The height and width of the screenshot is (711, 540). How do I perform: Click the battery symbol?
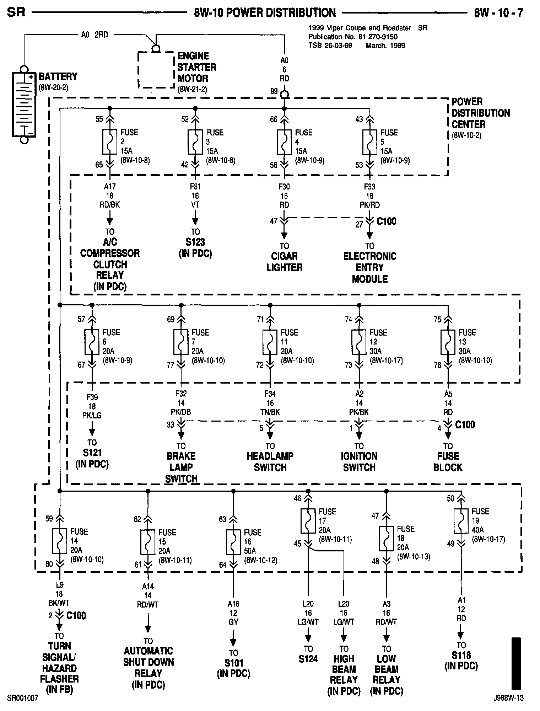coord(24,105)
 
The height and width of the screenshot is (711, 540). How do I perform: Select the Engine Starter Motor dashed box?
coord(156,70)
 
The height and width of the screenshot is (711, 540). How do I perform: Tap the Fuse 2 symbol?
coord(110,142)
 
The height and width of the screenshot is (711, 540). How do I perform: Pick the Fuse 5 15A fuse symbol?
coord(369,142)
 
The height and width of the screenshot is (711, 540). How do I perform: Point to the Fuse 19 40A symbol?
coord(461,521)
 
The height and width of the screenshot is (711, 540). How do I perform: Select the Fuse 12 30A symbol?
coord(359,342)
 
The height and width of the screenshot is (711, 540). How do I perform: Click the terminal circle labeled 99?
coord(284,95)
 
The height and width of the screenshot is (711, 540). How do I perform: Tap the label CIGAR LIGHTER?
coord(284,262)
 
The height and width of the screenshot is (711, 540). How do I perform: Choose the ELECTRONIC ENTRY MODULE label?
coord(369,267)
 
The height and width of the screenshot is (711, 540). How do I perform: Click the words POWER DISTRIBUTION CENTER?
coord(480,113)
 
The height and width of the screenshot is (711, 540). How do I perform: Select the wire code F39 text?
coord(92,397)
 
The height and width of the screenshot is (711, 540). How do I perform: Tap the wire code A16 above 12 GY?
coord(233,604)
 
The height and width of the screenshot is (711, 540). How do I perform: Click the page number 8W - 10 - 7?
coord(498,13)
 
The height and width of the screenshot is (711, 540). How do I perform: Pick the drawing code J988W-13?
coord(508,698)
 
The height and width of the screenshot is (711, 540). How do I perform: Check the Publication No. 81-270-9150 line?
coord(353,37)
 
